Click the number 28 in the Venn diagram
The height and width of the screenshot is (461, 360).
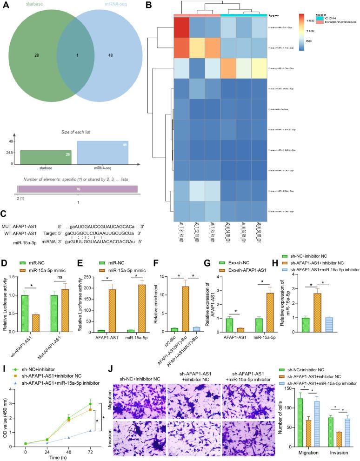click(x=36, y=55)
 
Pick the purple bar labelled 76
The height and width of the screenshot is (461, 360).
click(x=78, y=189)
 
